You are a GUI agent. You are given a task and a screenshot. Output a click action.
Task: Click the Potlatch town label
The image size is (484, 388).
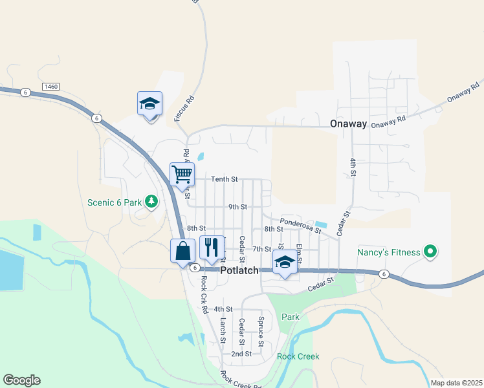point(239,270)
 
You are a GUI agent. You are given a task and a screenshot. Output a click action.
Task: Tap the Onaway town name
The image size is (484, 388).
point(348,124)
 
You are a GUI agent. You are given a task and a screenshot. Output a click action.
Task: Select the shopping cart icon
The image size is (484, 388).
point(182,173)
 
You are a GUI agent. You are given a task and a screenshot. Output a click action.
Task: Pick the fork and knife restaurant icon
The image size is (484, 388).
point(212,247)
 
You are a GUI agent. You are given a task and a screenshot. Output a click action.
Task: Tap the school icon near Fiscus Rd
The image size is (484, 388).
point(149,103)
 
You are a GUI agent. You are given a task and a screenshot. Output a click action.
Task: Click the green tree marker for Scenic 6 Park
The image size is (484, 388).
point(151,202)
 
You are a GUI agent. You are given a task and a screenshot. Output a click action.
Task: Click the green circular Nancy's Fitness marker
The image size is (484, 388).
point(430,252)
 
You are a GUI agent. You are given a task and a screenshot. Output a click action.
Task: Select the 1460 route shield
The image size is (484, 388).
point(50,86)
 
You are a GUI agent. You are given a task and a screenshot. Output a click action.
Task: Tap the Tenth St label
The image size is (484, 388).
point(225,179)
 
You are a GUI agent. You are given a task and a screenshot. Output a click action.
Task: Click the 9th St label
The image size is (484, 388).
point(237,207)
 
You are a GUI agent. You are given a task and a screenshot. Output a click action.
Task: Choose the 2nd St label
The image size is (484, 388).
point(241,354)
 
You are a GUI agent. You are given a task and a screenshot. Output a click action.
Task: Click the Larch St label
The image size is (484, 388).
point(222,330)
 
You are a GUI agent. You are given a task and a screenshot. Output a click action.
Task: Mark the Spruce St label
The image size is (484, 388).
point(261,329)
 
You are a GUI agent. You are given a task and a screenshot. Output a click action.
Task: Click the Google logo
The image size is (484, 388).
point(21,380)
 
